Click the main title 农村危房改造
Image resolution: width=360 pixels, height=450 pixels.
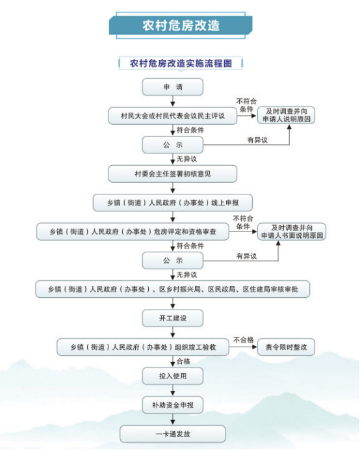pos(181,25)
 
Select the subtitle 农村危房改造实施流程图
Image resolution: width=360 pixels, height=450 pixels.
pos(181,64)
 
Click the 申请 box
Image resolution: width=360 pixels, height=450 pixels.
pos(173,87)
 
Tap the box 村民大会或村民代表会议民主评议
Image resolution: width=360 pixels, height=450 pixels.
pos(173,116)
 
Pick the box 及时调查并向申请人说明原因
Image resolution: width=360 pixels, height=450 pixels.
pos(287,115)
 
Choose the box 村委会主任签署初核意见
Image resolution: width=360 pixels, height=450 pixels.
pos(173,174)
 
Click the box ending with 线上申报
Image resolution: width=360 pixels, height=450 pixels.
pos(173,203)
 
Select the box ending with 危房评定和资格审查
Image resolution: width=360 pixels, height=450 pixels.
pos(133,232)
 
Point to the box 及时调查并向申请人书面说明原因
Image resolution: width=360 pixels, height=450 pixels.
pos(292,232)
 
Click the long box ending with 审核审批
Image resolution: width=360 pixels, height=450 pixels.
pos(173,289)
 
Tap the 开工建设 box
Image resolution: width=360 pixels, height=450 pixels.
pos(173,318)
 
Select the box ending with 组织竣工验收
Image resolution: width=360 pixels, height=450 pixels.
pos(143,347)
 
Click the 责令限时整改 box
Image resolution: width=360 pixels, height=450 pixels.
pos(287,347)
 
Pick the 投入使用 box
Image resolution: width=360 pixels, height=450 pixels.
pos(173,376)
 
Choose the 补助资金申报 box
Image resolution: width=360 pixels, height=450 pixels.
pos(173,405)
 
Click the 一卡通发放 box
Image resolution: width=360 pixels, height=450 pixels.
pos(173,434)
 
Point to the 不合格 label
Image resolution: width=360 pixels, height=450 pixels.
pos(244,340)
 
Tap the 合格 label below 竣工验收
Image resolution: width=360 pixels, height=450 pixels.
pos(183,362)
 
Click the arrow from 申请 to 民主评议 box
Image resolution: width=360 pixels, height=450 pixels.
pos(173,101)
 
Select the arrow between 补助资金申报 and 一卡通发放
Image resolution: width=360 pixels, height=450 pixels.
pos(173,419)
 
